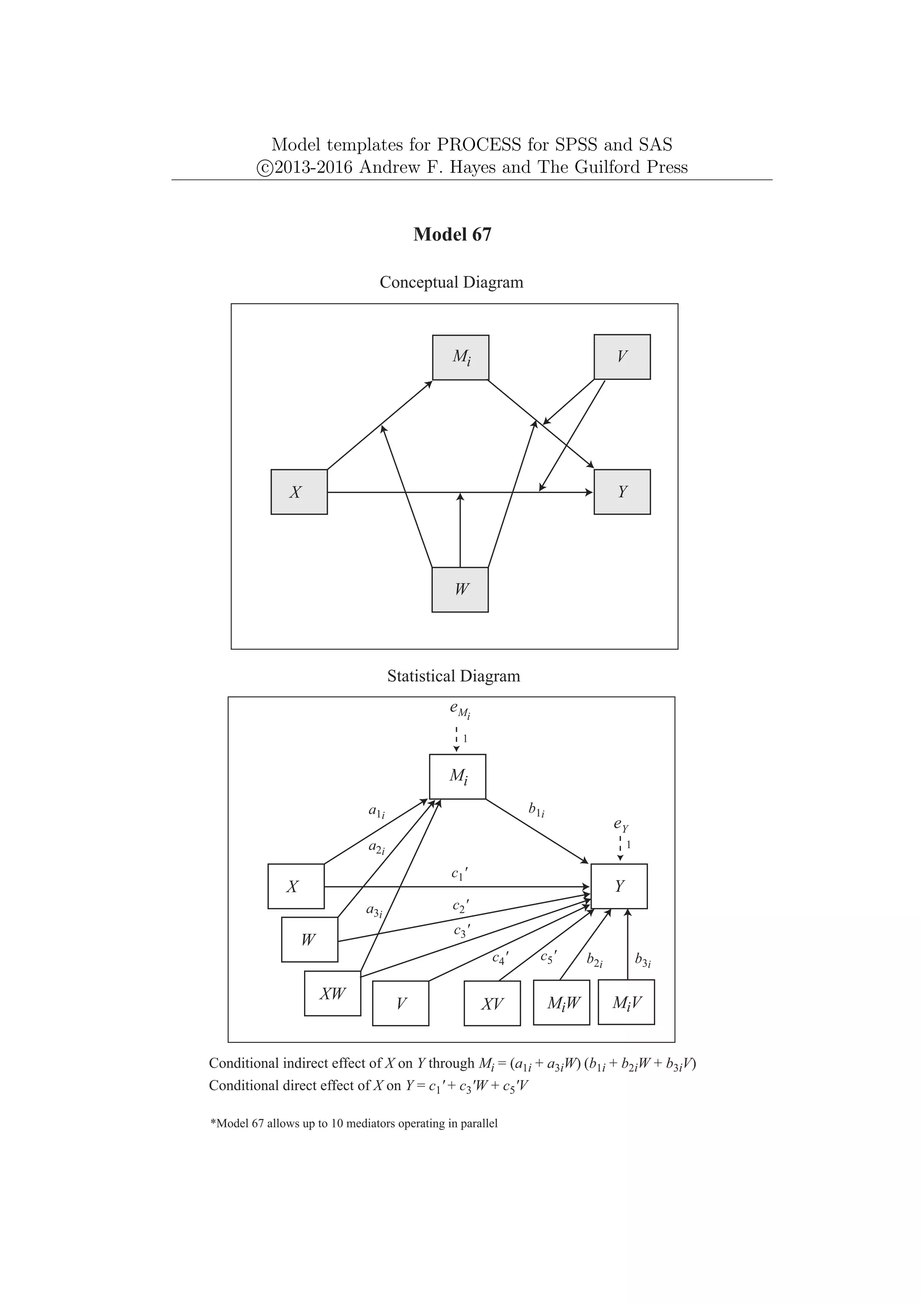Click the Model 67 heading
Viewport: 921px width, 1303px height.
pos(452,234)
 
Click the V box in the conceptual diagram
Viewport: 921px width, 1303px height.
pos(622,357)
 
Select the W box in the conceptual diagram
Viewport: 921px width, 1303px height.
pos(460,590)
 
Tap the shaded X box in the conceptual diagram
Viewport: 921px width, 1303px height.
pos(299,492)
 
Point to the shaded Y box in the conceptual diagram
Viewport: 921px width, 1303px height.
pos(622,492)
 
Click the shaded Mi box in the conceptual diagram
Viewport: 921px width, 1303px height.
pos(460,358)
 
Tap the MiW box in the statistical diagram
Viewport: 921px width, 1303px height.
pos(561,1003)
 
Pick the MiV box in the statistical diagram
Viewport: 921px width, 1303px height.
pos(626,1003)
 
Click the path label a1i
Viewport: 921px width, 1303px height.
pos(376,812)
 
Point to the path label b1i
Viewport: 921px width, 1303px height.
pos(537,810)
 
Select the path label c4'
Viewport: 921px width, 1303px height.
pos(500,958)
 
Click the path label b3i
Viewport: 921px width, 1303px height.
pos(643,960)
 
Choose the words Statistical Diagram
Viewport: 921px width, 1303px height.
pos(454,676)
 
